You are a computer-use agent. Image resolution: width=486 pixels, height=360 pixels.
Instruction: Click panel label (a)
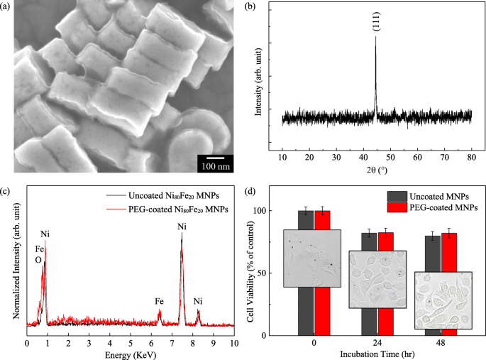(x=8, y=9)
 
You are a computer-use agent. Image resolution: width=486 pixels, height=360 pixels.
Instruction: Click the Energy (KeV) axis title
(x=131, y=354)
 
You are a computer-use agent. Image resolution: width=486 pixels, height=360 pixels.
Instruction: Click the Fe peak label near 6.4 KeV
(x=160, y=301)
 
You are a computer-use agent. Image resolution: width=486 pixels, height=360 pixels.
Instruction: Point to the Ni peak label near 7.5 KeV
(x=182, y=227)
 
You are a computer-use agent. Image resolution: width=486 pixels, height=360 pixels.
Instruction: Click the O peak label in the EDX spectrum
(x=38, y=260)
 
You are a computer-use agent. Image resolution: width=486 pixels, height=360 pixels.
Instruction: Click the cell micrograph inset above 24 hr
(x=377, y=279)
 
